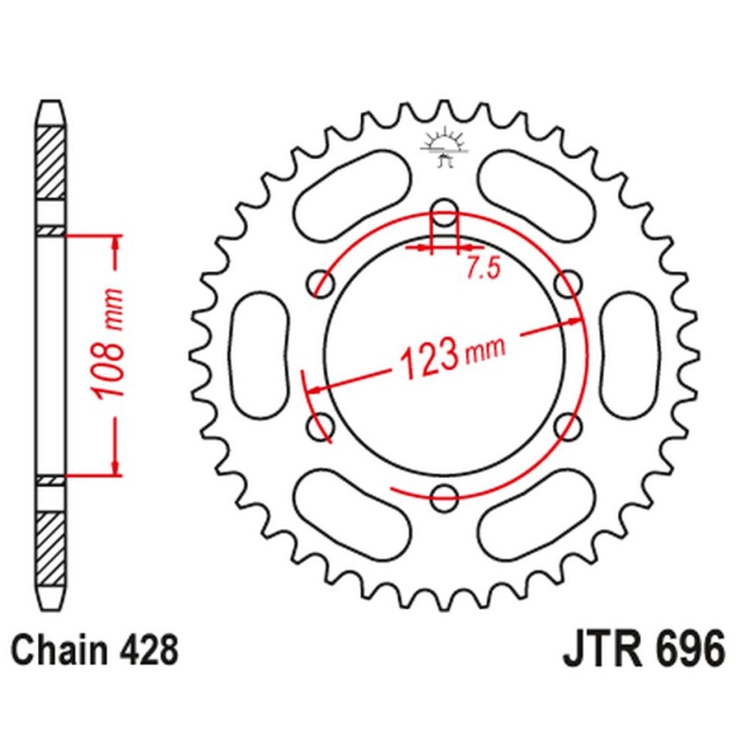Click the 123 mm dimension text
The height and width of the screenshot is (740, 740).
pos(442,357)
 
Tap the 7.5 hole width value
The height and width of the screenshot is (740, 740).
pos(482,269)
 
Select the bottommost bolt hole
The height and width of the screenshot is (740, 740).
pos(445,494)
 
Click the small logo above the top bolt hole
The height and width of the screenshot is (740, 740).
pos(445,147)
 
